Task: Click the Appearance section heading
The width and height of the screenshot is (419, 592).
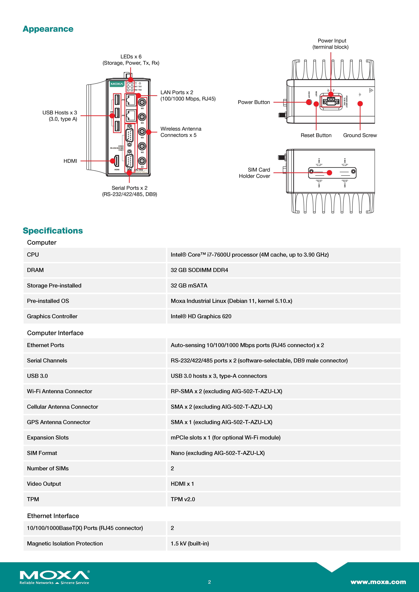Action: pyautogui.click(x=48, y=29)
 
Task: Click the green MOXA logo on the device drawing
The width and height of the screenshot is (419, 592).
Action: pyautogui.click(x=117, y=84)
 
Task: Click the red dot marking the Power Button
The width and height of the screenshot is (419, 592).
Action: pyautogui.click(x=309, y=102)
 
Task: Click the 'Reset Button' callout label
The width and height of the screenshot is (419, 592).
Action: pyautogui.click(x=316, y=135)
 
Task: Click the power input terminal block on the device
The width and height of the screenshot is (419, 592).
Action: pyautogui.click(x=331, y=101)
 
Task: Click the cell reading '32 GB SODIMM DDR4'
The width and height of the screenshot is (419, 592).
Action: pyautogui.click(x=199, y=270)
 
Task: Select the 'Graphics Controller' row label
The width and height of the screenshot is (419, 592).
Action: pyautogui.click(x=52, y=316)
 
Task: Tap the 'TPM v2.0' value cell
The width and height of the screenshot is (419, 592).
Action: pyautogui.click(x=183, y=499)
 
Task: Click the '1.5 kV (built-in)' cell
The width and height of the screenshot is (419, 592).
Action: pyautogui.click(x=190, y=544)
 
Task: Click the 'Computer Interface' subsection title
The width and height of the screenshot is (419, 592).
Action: pyautogui.click(x=55, y=333)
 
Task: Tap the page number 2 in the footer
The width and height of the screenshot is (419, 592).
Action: pyautogui.click(x=209, y=582)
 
